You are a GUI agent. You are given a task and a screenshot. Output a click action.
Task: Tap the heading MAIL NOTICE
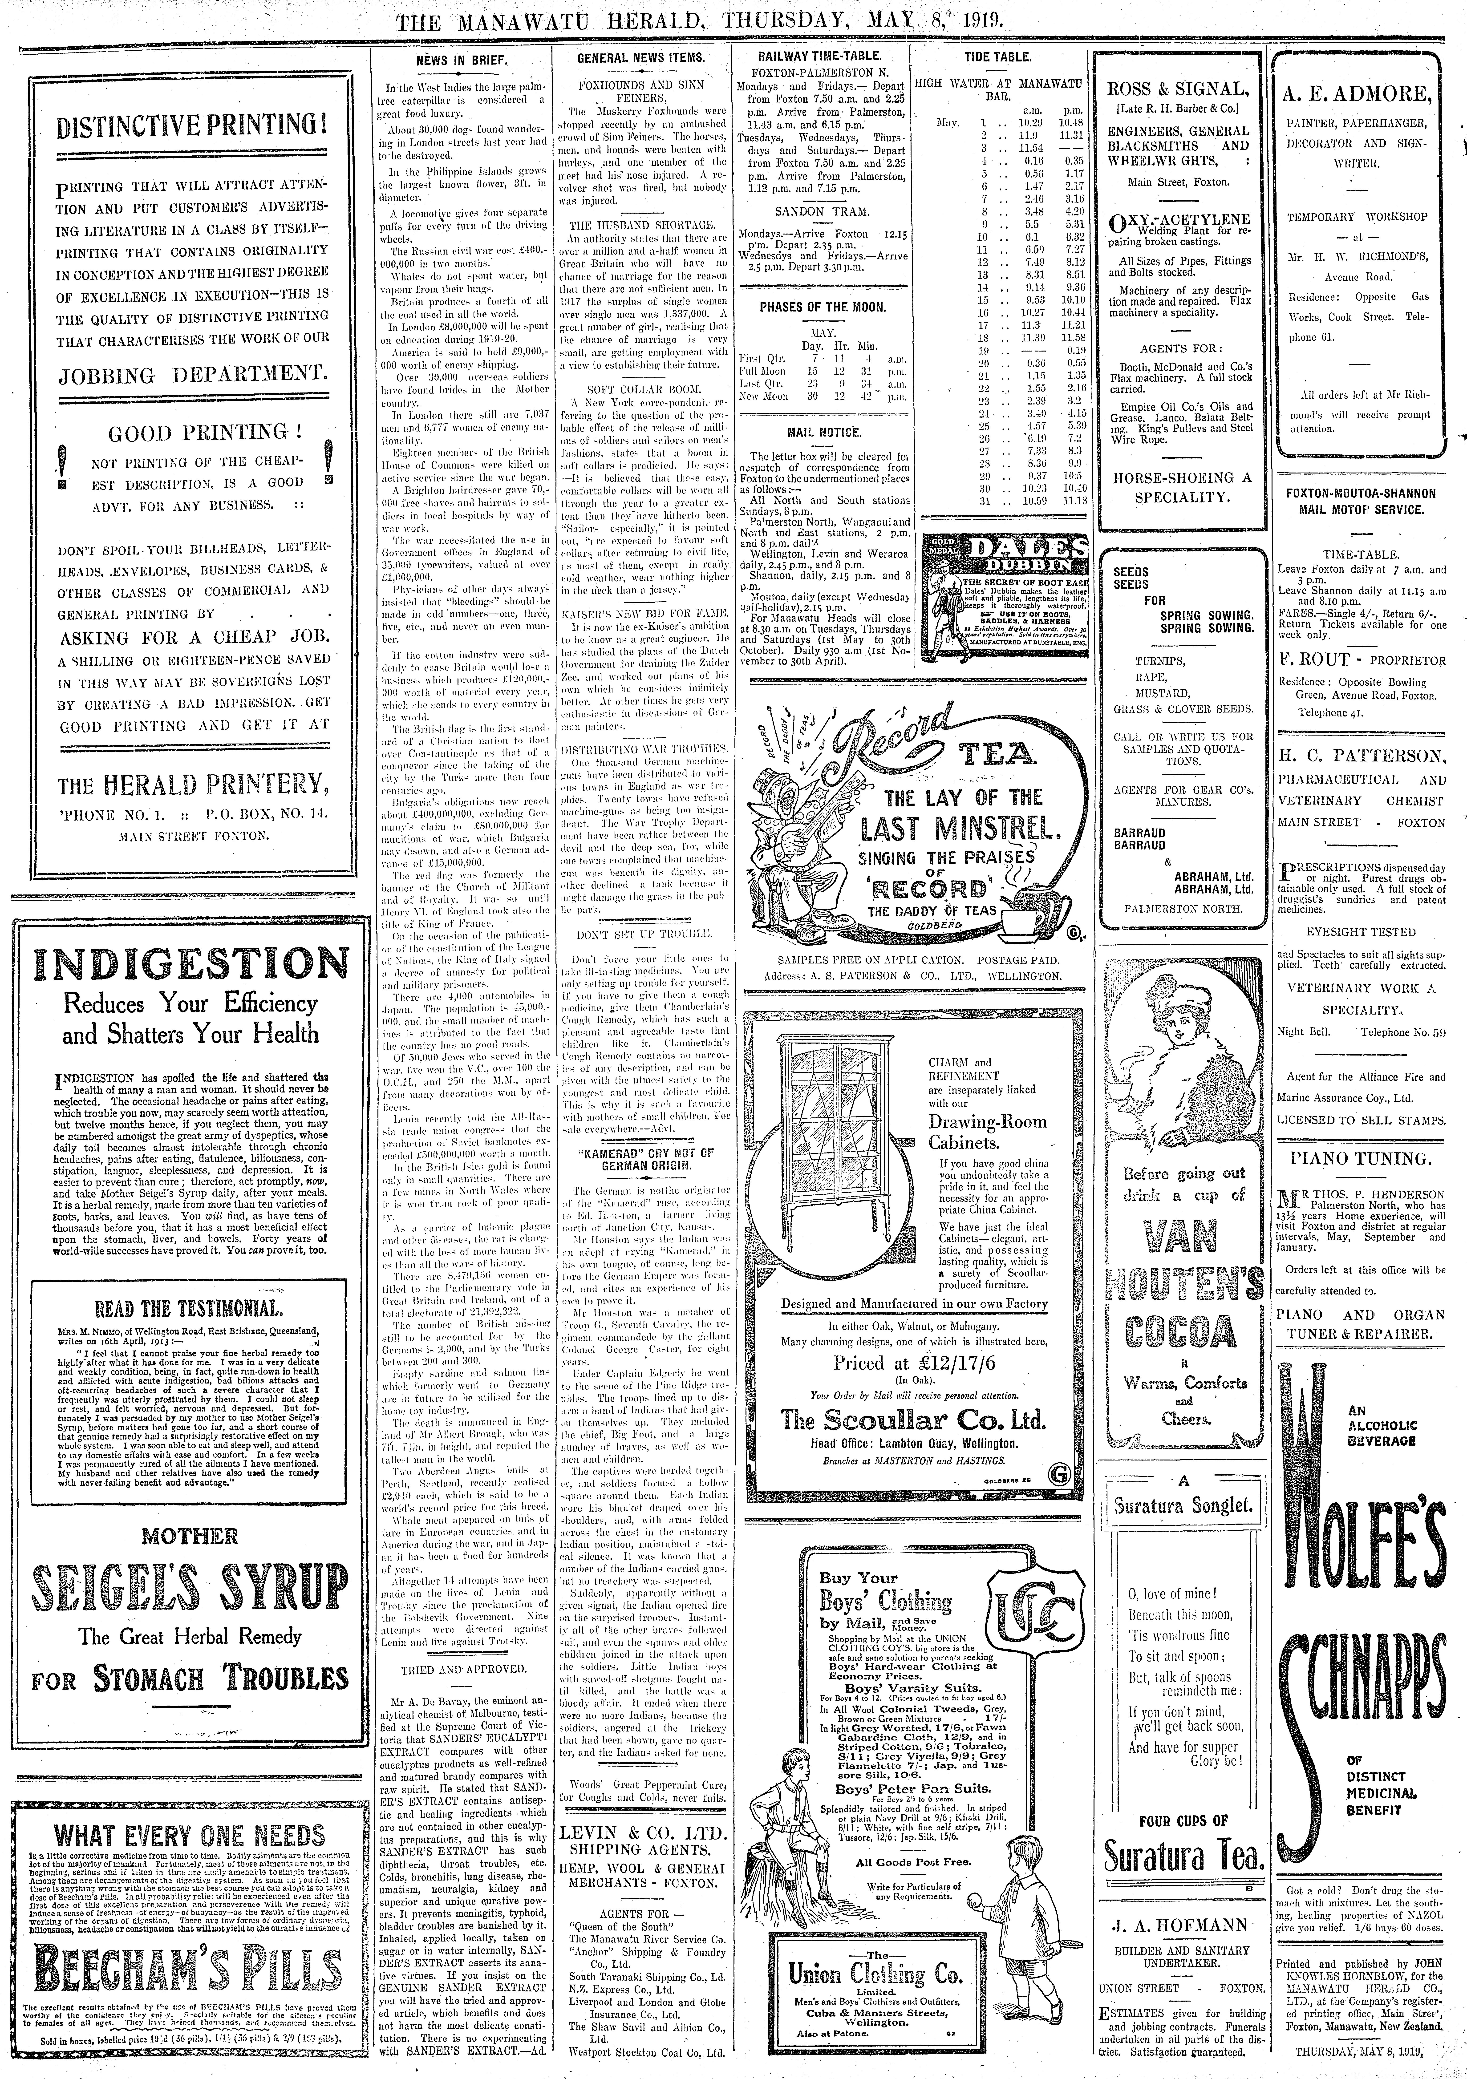coord(823,433)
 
